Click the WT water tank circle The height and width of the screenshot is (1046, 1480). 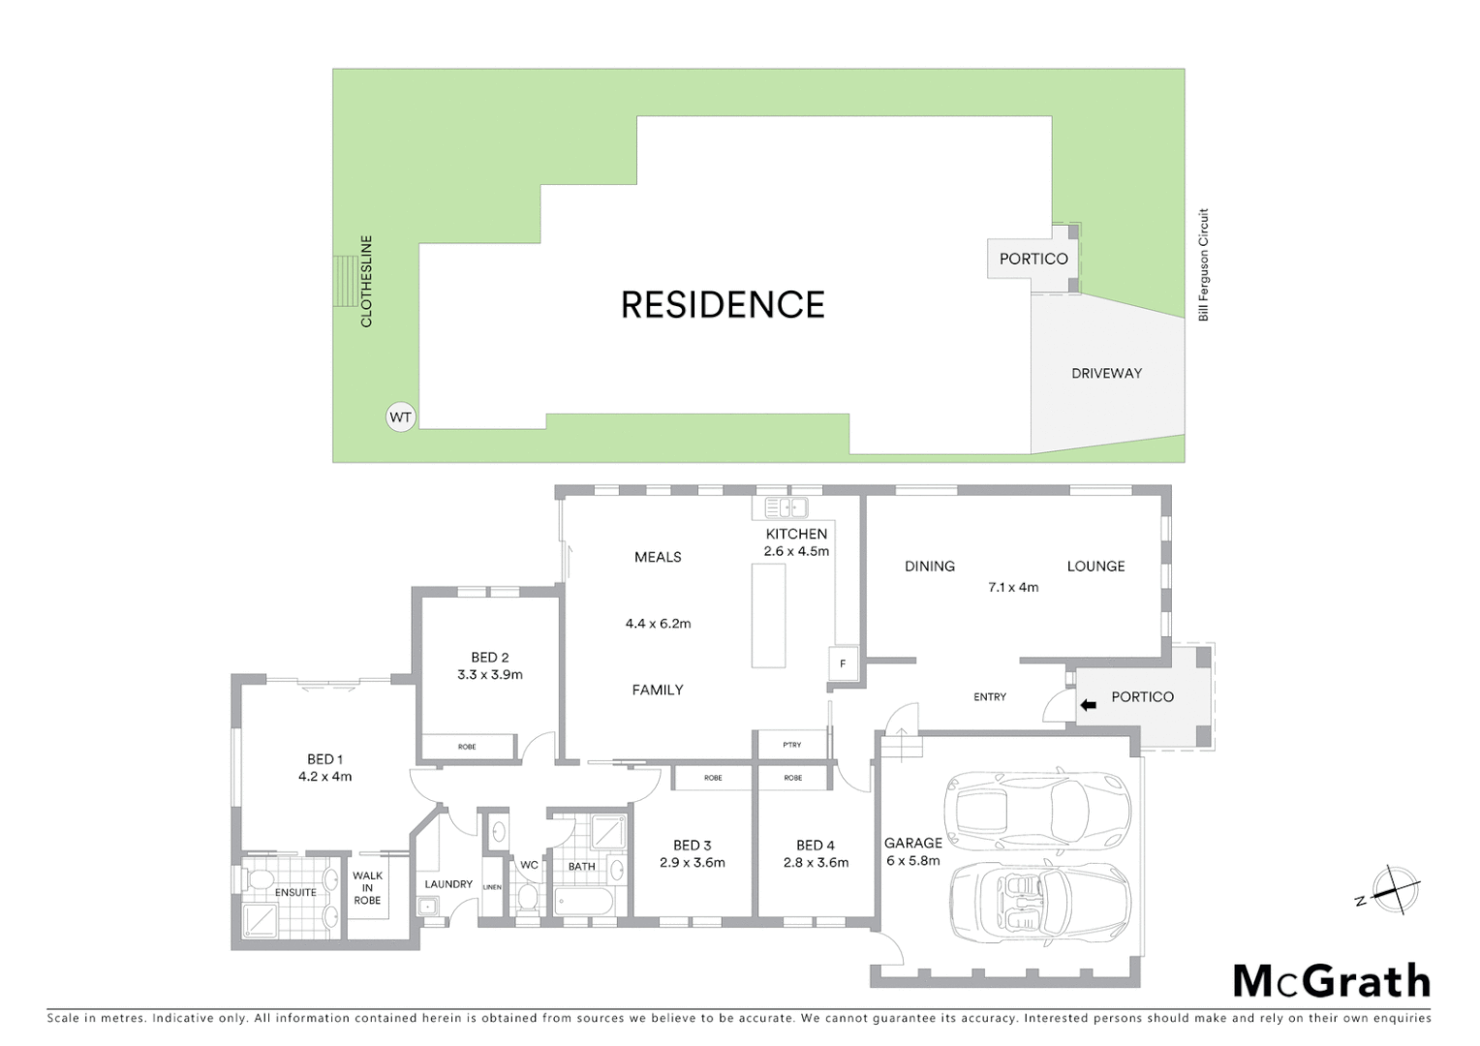400,417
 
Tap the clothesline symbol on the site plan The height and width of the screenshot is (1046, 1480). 345,281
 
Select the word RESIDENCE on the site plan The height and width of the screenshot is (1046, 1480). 723,305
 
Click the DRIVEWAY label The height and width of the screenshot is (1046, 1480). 1106,373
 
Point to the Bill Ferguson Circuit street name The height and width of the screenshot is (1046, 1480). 1204,264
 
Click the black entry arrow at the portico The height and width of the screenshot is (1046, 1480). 1088,705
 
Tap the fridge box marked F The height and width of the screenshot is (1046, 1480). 843,663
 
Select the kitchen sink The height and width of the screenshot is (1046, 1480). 786,508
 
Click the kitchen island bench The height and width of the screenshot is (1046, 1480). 768,616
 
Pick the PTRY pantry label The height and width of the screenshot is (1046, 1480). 792,745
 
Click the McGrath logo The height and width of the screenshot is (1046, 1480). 1331,981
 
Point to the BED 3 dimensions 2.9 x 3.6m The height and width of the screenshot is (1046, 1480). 692,863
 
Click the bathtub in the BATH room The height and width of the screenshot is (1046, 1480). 583,903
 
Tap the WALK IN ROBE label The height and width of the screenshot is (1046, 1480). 367,888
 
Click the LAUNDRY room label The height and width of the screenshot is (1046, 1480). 448,884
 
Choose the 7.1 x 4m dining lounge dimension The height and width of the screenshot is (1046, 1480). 1013,587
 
